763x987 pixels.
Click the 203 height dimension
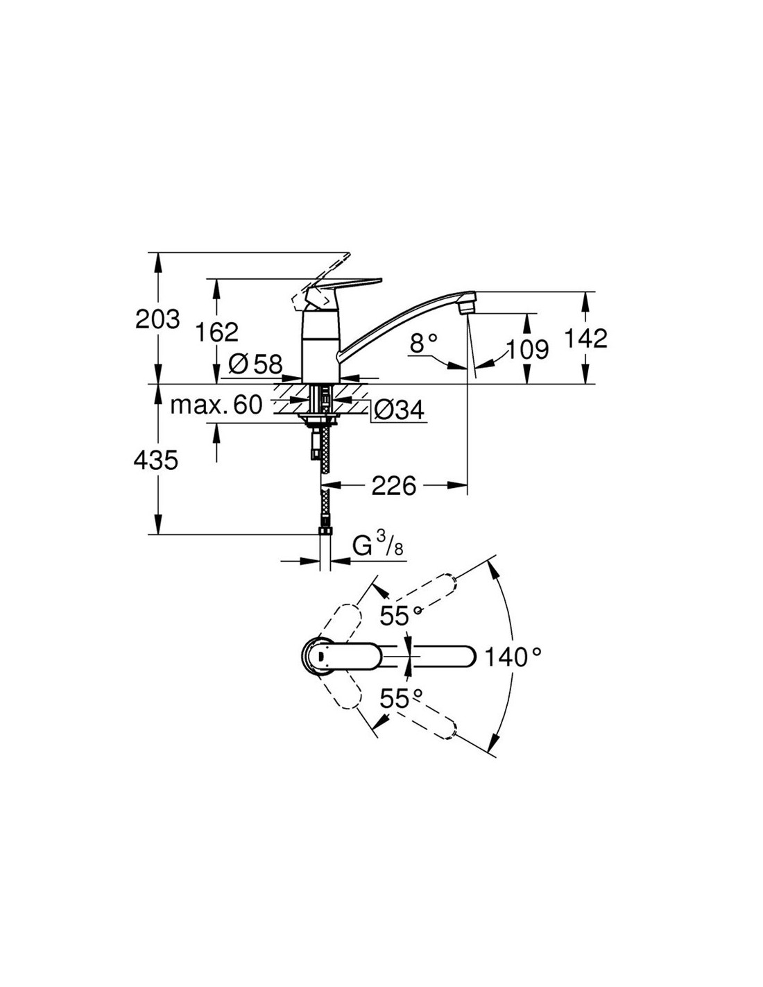coord(157,319)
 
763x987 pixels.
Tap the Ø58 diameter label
coord(255,364)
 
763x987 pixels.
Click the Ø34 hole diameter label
coord(399,411)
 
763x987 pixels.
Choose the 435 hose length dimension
coord(155,462)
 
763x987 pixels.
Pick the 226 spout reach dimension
coord(393,486)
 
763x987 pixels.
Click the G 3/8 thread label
coord(377,546)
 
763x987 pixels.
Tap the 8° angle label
coord(423,343)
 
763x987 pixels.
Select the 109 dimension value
coord(527,350)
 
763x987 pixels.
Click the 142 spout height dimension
coord(585,339)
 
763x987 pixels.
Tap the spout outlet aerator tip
coord(467,308)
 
